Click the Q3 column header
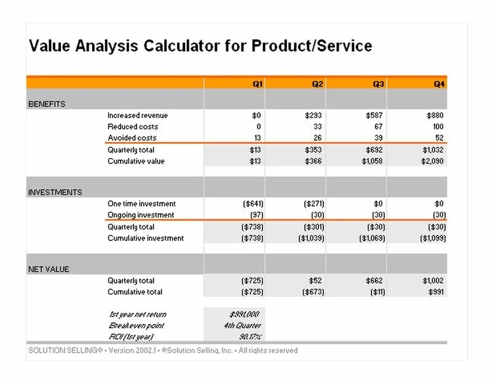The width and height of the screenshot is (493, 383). tap(379, 84)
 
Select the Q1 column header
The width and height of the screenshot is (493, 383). tap(259, 84)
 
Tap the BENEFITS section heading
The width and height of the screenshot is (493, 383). tap(47, 104)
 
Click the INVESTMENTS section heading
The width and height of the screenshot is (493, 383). tap(55, 192)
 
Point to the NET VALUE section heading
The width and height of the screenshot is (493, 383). tap(49, 269)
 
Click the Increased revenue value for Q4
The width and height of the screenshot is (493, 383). tap(435, 116)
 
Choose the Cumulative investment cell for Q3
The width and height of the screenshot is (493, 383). tap(373, 238)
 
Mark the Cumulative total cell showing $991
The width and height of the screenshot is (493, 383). tap(435, 291)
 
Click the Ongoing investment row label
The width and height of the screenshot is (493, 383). tap(141, 215)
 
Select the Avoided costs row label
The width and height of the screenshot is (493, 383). tap(132, 138)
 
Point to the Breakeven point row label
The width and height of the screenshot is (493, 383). tap(136, 325)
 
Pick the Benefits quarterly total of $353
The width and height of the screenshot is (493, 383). tap(314, 149)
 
